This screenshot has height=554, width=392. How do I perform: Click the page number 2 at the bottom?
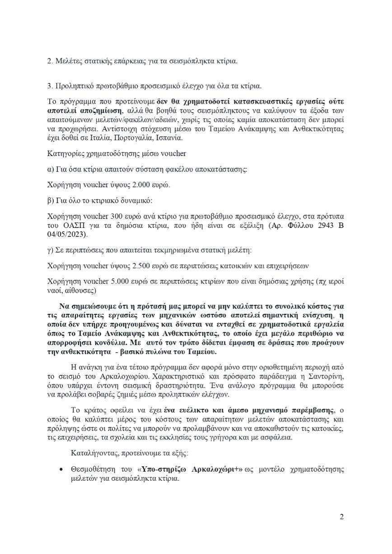click(x=342, y=516)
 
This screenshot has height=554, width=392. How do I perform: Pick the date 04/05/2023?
click(x=66, y=235)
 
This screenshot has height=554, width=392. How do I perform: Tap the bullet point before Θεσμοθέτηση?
click(x=61, y=470)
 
